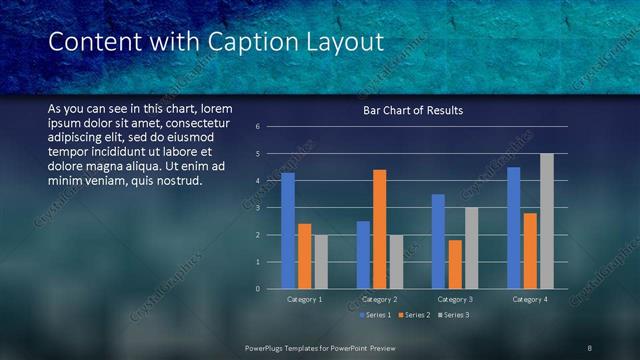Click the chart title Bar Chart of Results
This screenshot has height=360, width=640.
[x=412, y=111]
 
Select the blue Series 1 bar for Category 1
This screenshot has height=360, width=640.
[x=288, y=231]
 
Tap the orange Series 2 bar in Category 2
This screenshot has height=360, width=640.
[x=380, y=229]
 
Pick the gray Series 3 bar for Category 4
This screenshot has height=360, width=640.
[x=546, y=221]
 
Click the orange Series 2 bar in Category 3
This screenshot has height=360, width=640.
[x=455, y=264]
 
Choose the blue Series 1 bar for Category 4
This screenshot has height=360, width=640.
[x=514, y=228]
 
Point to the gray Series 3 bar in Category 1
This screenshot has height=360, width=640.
[x=320, y=262]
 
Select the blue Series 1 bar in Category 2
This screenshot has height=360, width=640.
[x=363, y=255]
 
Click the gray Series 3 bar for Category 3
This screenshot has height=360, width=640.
[x=471, y=248]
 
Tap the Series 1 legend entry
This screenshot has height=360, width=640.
[x=375, y=315]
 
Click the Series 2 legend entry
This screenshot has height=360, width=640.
[x=412, y=315]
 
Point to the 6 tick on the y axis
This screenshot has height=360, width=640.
[x=258, y=127]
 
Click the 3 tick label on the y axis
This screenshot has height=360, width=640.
[x=258, y=208]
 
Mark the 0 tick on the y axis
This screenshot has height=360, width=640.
[x=258, y=289]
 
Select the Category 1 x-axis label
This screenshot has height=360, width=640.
[x=304, y=299]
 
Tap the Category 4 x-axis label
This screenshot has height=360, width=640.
[x=530, y=299]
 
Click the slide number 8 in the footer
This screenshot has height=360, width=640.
[x=589, y=347]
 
